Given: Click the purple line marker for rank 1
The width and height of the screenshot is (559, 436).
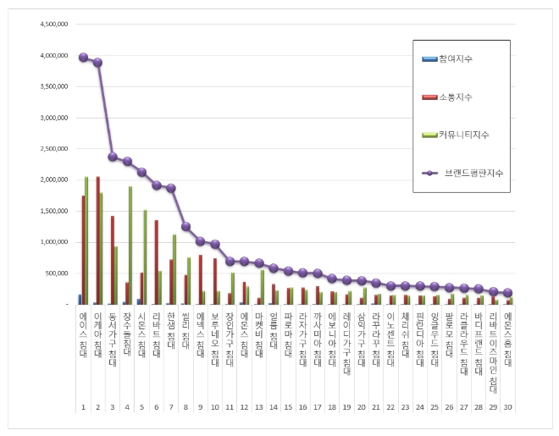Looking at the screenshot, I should [x=83, y=58].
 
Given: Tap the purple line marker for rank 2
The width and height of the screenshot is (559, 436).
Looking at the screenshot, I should [x=98, y=62].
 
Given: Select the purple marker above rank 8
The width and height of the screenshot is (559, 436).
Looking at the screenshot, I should [x=185, y=227].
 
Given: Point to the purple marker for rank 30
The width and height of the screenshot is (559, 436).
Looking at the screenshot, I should [x=508, y=293].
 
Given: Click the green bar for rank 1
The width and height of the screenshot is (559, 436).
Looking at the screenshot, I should [x=86, y=240].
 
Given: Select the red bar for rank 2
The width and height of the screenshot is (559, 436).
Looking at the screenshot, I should [x=98, y=240].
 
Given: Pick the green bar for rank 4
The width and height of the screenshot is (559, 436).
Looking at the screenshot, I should [x=130, y=246].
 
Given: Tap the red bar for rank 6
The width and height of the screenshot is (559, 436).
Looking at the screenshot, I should [x=157, y=262].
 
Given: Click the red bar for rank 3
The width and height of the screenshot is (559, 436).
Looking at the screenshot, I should [x=112, y=260].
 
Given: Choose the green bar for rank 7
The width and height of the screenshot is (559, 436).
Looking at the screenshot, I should [x=174, y=269].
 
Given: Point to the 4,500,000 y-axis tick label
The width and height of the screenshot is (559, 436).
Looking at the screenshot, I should [x=52, y=25].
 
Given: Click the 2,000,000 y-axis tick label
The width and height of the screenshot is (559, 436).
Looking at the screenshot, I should [x=52, y=179].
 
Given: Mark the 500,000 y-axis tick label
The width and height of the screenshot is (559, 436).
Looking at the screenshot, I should [x=55, y=273].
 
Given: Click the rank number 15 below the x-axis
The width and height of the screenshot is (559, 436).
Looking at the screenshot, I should [x=288, y=407].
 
